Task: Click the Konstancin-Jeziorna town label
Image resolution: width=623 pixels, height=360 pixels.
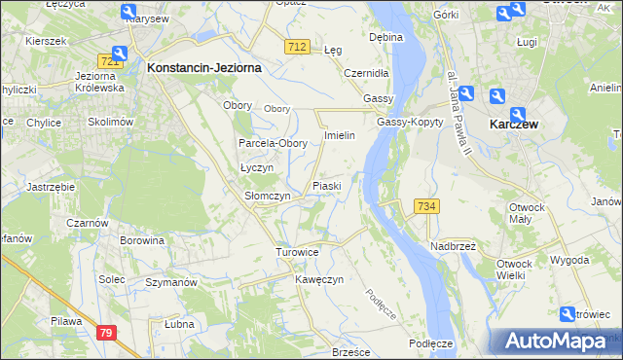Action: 202,68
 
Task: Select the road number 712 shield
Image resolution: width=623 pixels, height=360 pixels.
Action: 298,46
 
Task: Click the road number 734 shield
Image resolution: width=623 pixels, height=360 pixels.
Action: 427,206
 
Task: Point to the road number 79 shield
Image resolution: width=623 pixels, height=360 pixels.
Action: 108,333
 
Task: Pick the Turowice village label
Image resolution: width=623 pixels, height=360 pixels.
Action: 297,252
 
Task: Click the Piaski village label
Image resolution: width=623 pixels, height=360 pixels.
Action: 326,185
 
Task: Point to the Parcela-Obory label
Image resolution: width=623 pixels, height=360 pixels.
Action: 274,143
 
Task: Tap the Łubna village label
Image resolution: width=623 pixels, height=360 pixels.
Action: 179,324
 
